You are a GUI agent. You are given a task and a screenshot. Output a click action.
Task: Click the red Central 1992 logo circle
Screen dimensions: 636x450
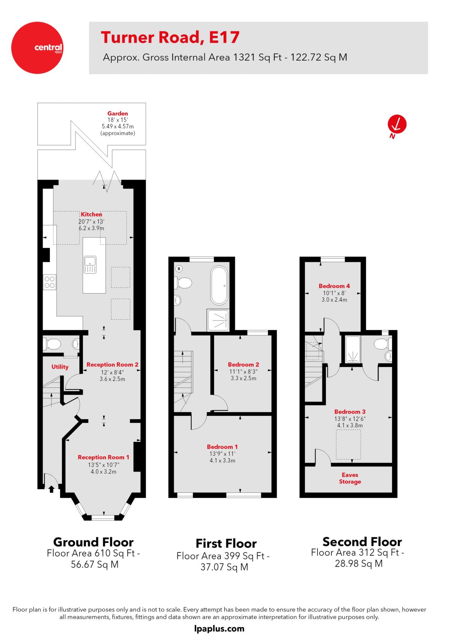pyautogui.click(x=37, y=48)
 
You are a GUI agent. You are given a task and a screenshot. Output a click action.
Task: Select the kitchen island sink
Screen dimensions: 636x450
pyautogui.click(x=90, y=265)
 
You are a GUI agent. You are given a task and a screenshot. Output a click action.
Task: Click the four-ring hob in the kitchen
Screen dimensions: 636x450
pyautogui.click(x=50, y=282)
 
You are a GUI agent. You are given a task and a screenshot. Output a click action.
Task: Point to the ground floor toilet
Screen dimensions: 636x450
pyautogui.click(x=53, y=344)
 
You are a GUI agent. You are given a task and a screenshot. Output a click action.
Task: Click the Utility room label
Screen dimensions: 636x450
pyautogui.click(x=60, y=367)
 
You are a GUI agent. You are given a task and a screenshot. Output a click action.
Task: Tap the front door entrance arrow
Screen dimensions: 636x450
pyautogui.click(x=52, y=489)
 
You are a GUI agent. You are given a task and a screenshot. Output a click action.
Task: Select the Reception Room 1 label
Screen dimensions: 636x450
pyautogui.click(x=103, y=457)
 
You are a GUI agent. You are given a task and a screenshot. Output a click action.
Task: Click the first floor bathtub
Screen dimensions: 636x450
pyautogui.click(x=219, y=285)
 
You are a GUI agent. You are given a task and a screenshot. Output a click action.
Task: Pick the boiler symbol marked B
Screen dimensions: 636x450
pyautogui.click(x=179, y=268)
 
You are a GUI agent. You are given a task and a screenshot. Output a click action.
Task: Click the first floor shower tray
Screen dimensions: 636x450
pyautogui.click(x=218, y=320)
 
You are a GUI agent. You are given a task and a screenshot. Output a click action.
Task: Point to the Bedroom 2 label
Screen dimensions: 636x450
pyautogui.click(x=243, y=365)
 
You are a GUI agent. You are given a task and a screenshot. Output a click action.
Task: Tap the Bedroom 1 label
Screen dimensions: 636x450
pyautogui.click(x=222, y=447)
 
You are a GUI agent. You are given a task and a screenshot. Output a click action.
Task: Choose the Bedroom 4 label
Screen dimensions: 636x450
pyautogui.click(x=334, y=286)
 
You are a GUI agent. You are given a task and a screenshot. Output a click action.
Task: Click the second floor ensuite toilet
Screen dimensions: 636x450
pyautogui.click(x=381, y=344)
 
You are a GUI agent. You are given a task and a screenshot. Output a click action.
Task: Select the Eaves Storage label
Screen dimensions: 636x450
pyautogui.click(x=350, y=478)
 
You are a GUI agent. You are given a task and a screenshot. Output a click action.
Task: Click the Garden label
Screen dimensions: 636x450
pyautogui.click(x=118, y=114)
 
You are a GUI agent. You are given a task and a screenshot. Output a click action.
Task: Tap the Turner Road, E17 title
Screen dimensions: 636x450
pyautogui.click(x=170, y=37)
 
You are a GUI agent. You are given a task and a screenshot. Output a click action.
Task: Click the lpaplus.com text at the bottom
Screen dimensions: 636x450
pyautogui.click(x=219, y=629)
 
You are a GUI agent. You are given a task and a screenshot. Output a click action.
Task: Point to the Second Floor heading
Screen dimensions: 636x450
pyautogui.click(x=362, y=542)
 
